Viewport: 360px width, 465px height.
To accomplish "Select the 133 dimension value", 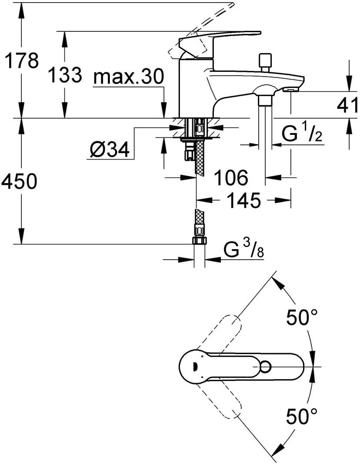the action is pyautogui.click(x=65, y=74).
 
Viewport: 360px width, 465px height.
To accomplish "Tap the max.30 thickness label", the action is pyautogui.click(x=128, y=77).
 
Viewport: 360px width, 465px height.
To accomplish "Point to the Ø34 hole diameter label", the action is pyautogui.click(x=110, y=149).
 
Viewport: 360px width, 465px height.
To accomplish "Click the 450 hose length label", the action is pyautogui.click(x=19, y=181).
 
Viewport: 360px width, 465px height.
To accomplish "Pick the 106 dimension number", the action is pyautogui.click(x=231, y=177).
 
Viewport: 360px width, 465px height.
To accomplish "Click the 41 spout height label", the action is pyautogui.click(x=348, y=105).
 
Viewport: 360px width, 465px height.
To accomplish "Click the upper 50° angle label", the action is pyautogui.click(x=302, y=317).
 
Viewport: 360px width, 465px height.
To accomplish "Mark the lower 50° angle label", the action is pyautogui.click(x=302, y=416).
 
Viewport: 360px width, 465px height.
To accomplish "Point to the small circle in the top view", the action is pyautogui.click(x=265, y=367).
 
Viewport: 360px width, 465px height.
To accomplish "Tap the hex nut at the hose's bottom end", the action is pyautogui.click(x=199, y=241).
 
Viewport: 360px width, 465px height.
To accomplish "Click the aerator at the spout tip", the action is pyautogui.click(x=290, y=89).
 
